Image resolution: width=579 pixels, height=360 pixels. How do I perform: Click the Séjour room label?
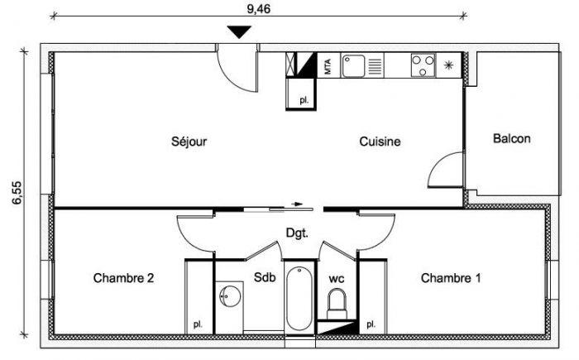tap(189, 142)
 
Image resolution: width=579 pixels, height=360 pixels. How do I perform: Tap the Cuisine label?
tap(380, 142)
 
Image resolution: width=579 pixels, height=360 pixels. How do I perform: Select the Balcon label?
tap(512, 138)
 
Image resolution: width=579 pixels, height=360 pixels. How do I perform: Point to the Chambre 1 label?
tap(451, 278)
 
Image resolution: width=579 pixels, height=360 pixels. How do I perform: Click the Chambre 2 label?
tap(123, 278)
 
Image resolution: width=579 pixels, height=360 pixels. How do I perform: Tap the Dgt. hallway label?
tap(297, 233)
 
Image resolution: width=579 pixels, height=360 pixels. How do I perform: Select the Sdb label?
tap(265, 277)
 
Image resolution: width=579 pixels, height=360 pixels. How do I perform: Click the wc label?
tap(337, 279)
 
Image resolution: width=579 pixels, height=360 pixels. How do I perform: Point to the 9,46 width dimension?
tap(258, 8)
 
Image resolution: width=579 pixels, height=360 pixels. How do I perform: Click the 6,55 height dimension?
tap(17, 193)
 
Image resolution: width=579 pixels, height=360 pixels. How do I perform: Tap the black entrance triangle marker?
tap(239, 31)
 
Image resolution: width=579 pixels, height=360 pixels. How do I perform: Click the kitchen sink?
tap(353, 65)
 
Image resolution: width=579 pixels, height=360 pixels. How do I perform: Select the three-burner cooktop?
tap(423, 65)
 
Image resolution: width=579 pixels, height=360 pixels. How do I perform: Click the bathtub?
tap(299, 299)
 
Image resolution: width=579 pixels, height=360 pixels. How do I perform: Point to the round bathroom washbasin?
tap(230, 295)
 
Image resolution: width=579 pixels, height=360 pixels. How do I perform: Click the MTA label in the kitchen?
tap(328, 67)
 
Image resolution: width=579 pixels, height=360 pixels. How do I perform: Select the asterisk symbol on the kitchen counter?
tap(448, 65)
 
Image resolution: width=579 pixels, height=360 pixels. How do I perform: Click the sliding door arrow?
tap(297, 204)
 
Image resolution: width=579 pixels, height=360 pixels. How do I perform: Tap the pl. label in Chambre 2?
tap(199, 325)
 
